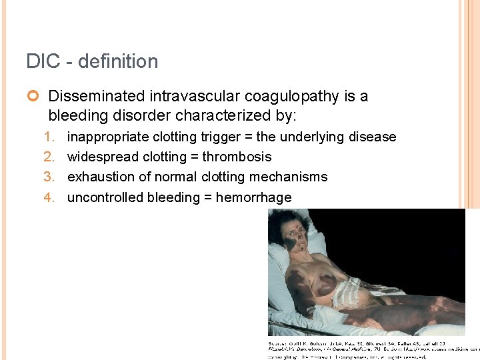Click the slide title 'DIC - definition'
(92, 61)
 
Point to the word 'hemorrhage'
(253, 198)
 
